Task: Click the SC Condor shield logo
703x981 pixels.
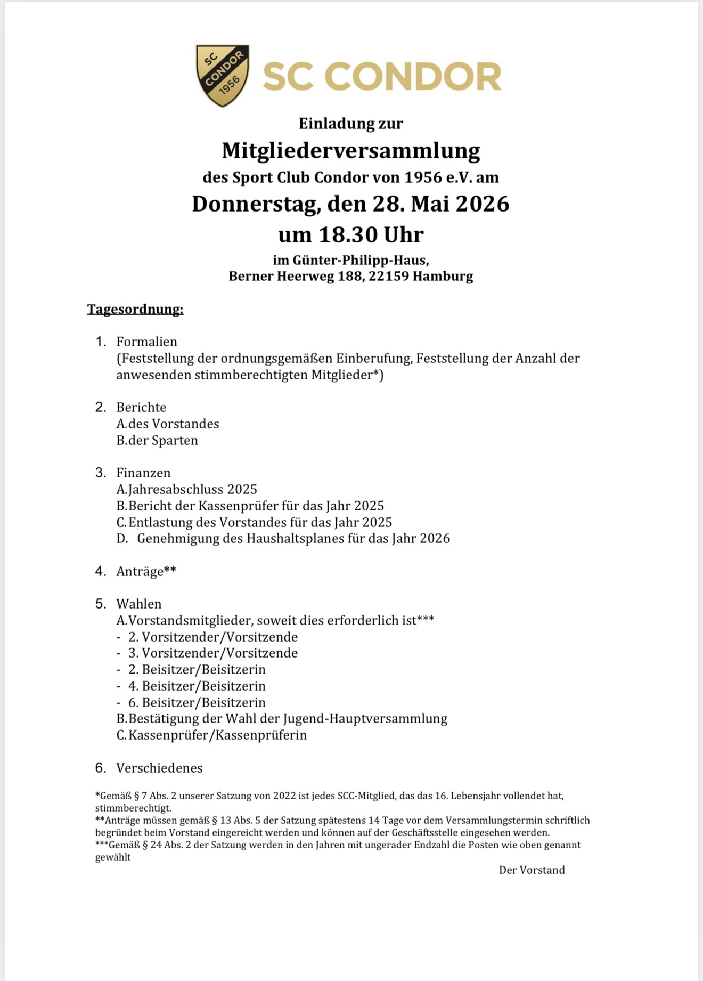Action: click(223, 75)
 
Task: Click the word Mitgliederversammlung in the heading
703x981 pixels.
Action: click(350, 150)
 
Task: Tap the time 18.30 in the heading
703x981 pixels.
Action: click(348, 234)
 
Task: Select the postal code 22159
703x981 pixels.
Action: click(385, 276)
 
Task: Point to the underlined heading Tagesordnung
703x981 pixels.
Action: click(135, 309)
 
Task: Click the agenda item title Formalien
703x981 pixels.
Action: click(147, 342)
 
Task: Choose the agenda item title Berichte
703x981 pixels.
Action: click(141, 407)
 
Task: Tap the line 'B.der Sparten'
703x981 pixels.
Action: click(157, 440)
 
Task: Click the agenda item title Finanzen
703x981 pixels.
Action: click(143, 473)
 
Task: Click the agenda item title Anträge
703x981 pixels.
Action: click(140, 571)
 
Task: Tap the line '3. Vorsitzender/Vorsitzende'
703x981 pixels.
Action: click(213, 653)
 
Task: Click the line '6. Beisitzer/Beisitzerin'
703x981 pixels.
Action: click(197, 702)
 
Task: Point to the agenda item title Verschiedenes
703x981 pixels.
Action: click(159, 768)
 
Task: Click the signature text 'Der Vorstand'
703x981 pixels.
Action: click(532, 870)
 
